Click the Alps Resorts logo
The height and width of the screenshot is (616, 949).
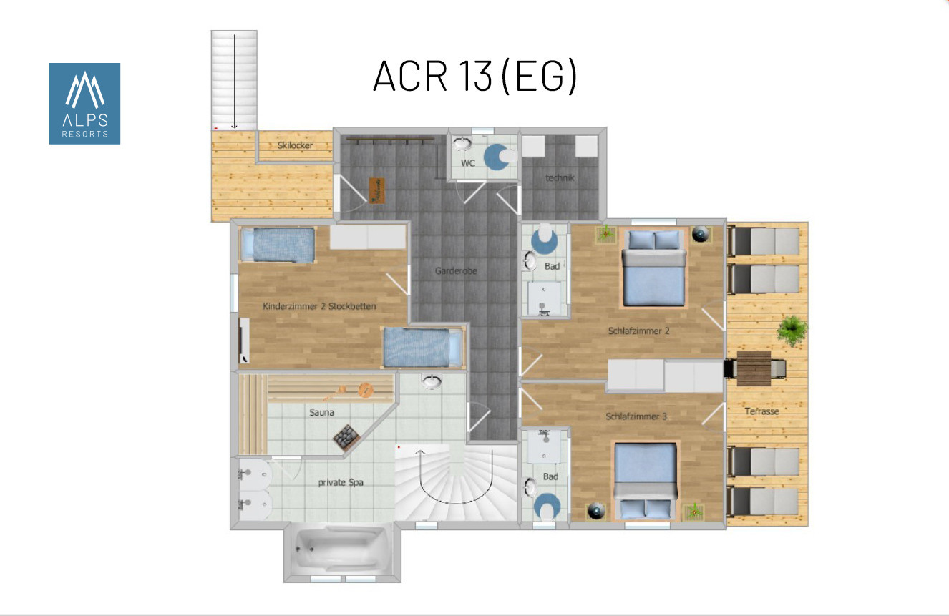(84, 104)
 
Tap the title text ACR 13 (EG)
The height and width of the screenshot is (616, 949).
(475, 77)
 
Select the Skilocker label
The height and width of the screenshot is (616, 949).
(295, 145)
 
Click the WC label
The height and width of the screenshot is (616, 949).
(468, 163)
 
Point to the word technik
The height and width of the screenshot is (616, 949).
(560, 177)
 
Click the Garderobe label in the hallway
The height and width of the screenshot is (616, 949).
(456, 270)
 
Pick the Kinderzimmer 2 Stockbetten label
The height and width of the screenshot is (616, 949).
(319, 306)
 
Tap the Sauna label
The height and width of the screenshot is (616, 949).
(321, 412)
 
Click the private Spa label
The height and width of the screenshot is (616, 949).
(341, 482)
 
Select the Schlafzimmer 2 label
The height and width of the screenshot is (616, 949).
(639, 331)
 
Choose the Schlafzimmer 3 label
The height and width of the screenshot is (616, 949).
(636, 416)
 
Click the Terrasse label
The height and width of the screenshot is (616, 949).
(761, 411)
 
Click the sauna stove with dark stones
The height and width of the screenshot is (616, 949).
(346, 436)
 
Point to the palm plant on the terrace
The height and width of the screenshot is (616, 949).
(792, 329)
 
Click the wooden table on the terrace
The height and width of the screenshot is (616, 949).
(754, 368)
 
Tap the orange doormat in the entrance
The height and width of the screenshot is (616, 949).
(376, 190)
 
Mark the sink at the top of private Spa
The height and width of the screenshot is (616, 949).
(432, 381)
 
